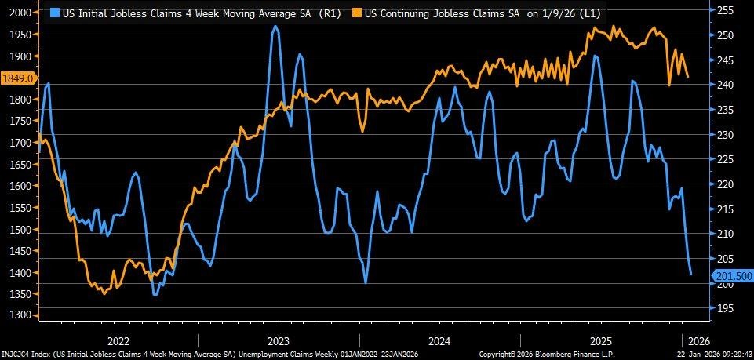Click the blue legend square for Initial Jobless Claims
point(54,13)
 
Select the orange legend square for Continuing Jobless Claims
point(335,13)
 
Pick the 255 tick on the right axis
point(725,10)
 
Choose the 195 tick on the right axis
point(725,308)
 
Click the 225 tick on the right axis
point(725,159)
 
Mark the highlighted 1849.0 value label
point(17,78)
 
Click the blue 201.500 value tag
point(732,275)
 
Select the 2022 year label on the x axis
point(118,341)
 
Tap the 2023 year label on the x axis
point(279,341)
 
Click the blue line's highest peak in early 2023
point(275,27)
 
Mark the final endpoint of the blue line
point(690,275)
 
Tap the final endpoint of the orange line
point(688,77)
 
